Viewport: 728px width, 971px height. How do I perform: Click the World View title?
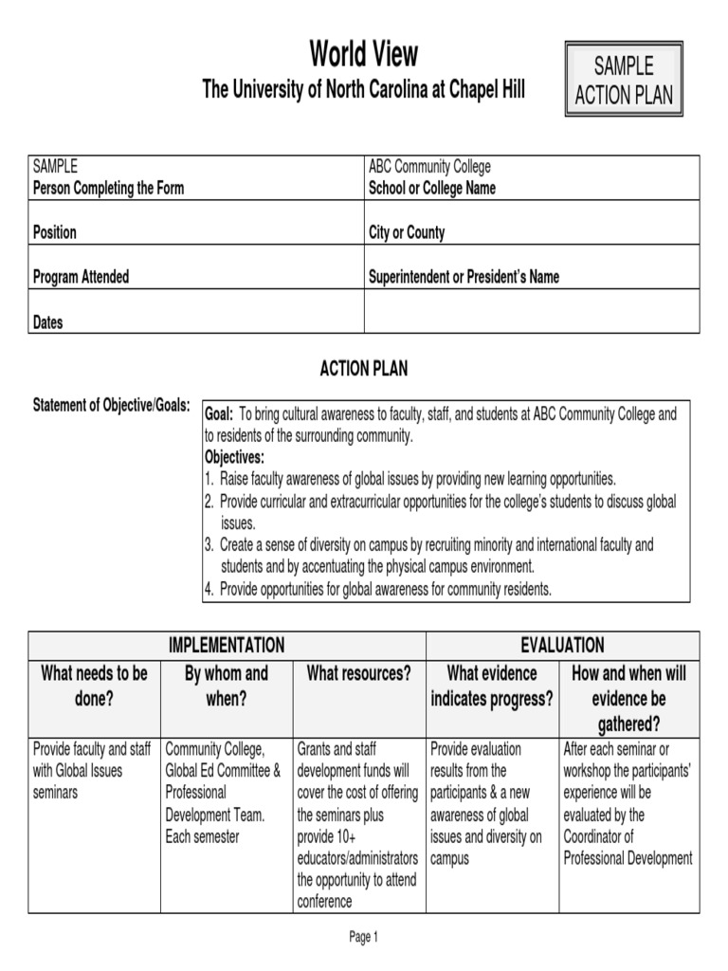coord(363,53)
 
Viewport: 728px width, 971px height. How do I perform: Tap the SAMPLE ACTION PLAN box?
coord(623,80)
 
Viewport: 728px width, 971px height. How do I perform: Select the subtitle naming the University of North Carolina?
coord(363,90)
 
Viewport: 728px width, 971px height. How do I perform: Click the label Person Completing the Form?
coord(108,188)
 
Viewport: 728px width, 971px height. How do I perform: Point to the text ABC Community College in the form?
coord(429,167)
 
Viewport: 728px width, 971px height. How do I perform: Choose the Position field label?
coord(55,232)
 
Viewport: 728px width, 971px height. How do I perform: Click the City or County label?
coord(406,232)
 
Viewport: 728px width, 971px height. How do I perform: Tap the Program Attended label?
coord(81,277)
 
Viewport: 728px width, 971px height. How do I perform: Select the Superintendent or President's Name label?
coord(464,277)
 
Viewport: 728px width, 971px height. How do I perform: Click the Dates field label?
coord(48,322)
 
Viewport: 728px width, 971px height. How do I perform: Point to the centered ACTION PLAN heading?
coord(363,369)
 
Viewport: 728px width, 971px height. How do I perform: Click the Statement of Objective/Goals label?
coord(112,406)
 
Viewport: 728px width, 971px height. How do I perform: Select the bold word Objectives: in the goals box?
coord(234,457)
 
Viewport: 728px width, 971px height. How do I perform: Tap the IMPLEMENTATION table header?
coord(227,646)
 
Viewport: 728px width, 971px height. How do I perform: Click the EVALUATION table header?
coord(562,646)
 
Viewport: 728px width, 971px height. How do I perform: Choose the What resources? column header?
coord(358,673)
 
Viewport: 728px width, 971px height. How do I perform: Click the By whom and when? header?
coord(226,686)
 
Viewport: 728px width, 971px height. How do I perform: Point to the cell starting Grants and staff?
coord(358,825)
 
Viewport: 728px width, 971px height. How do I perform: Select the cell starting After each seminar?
coord(628,803)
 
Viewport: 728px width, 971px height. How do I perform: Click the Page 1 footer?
coord(363,937)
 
